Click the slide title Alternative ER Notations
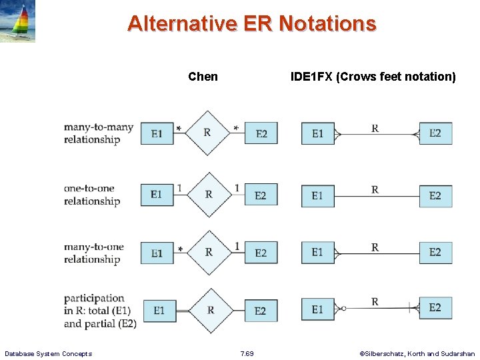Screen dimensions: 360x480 (251, 23)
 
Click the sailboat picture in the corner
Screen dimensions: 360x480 (18, 21)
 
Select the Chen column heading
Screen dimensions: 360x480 (203, 77)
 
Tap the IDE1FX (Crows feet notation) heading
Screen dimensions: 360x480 (373, 77)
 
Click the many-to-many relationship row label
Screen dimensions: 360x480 (99, 133)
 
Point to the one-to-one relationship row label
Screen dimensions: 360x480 (92, 195)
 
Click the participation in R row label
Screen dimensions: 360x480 (100, 311)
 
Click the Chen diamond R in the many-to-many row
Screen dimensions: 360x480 (207, 133)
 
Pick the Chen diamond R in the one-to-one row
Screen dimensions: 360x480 (209, 195)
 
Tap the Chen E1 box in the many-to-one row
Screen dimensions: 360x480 (157, 253)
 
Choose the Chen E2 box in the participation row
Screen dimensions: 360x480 (261, 311)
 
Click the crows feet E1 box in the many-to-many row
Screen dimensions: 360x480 (317, 133)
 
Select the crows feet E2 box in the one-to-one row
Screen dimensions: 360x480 (435, 195)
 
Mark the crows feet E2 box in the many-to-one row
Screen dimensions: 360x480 (435, 252)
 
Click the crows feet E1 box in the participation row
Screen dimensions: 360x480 (317, 309)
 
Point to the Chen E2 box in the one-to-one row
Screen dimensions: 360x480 (261, 195)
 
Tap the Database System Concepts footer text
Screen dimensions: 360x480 (48, 353)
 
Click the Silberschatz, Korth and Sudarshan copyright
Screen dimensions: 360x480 (417, 353)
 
